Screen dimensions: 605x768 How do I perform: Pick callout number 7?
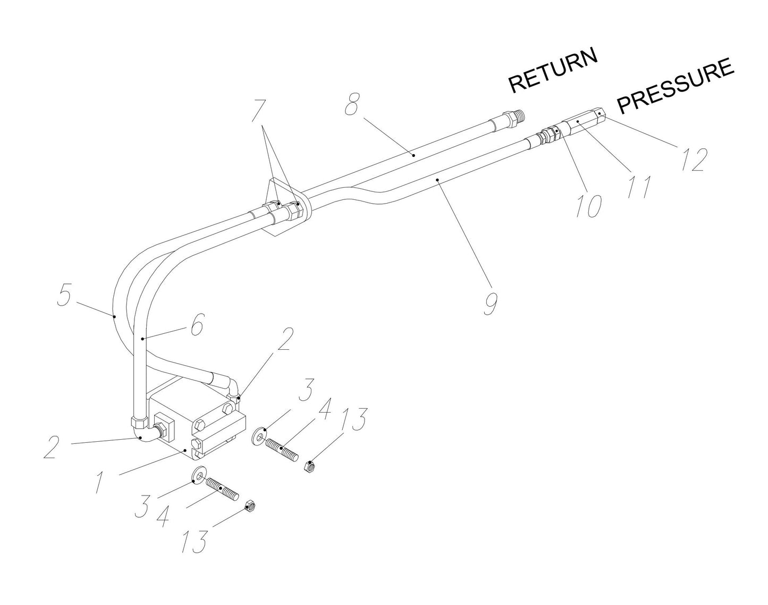[x=258, y=110]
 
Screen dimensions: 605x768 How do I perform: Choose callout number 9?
[x=490, y=302]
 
